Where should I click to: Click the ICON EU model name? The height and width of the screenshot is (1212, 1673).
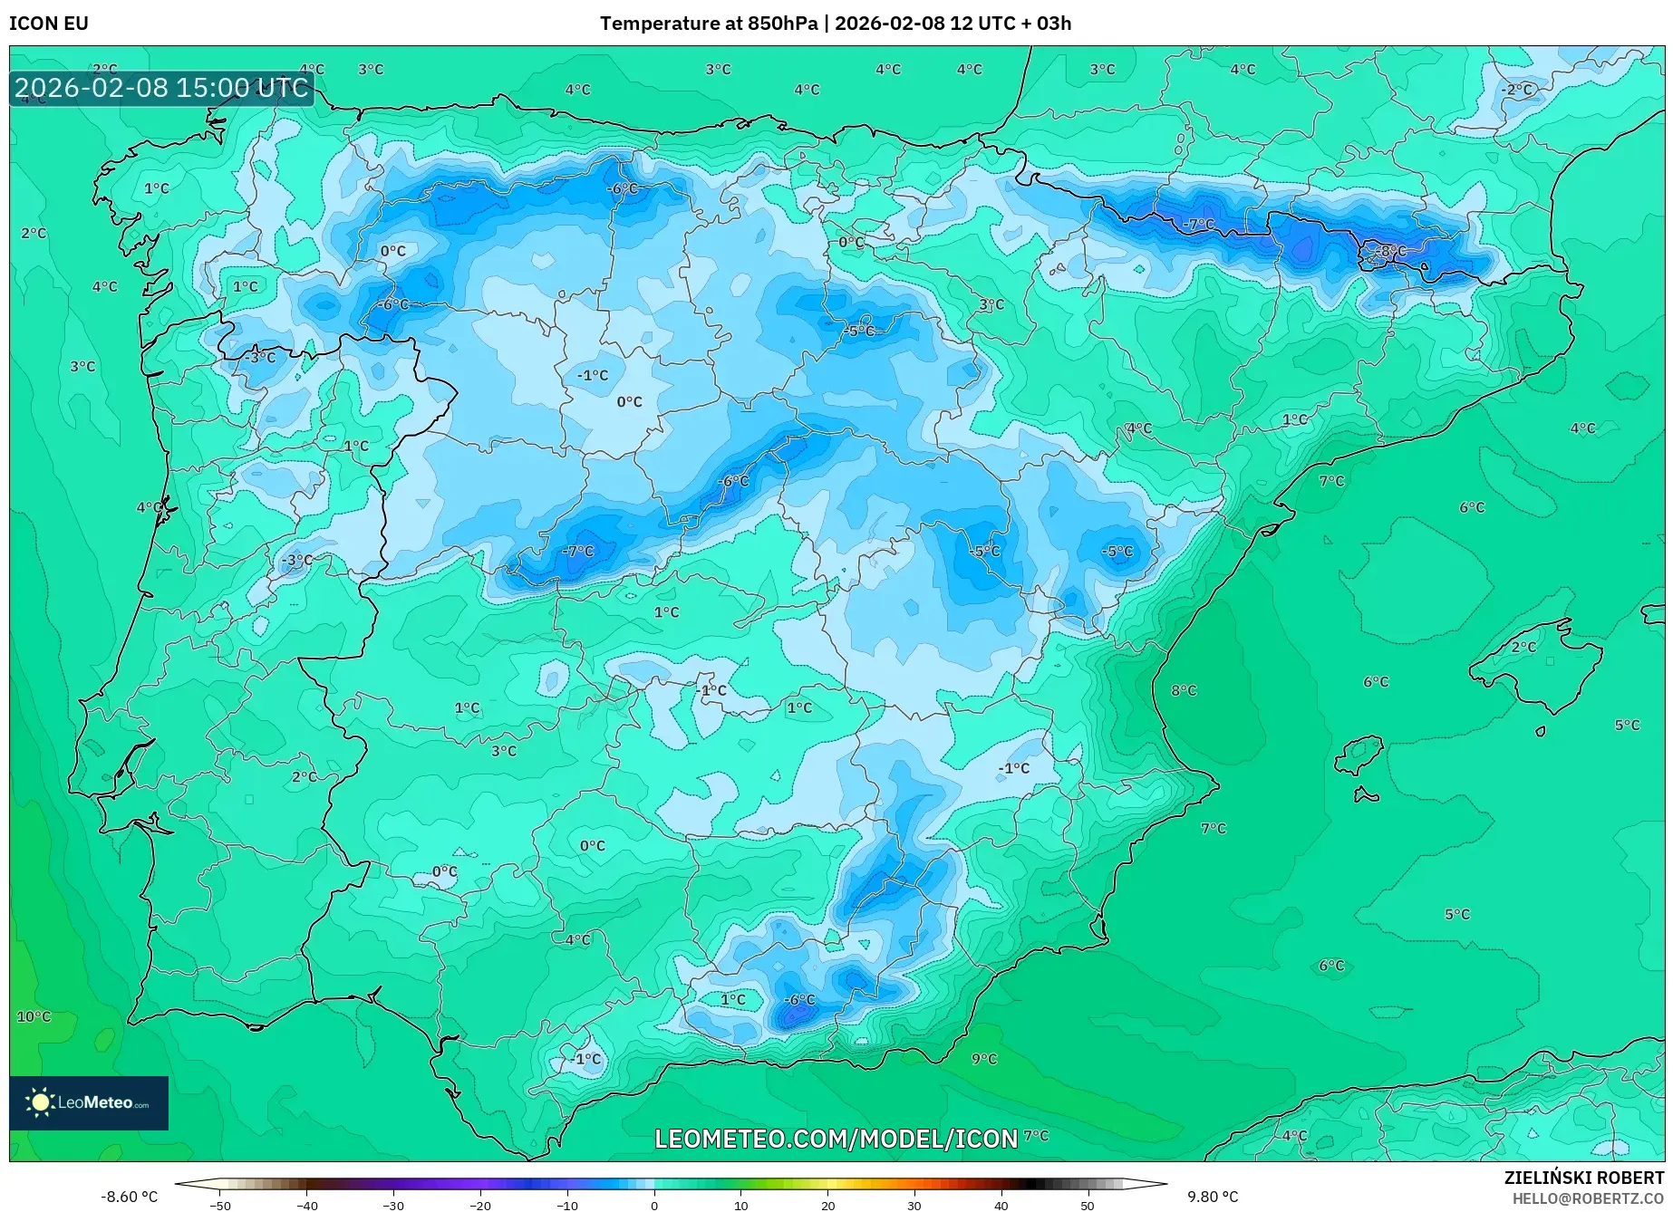coord(49,24)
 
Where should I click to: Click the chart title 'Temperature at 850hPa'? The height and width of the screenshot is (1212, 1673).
coord(709,24)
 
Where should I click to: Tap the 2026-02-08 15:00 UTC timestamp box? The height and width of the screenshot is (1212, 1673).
coord(161,88)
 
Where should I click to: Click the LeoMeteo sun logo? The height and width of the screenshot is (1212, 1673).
coord(41,1101)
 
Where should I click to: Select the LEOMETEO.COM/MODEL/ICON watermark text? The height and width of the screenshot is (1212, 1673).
coord(836,1139)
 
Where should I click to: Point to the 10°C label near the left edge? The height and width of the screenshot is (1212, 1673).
coord(34,1016)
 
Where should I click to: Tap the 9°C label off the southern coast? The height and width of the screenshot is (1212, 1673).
coord(984,1058)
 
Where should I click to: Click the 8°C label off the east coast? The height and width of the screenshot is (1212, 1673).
coord(1184,690)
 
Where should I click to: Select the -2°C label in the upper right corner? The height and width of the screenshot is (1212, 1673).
coord(1517,90)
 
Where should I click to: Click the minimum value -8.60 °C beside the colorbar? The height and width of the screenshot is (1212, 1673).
coord(129,1197)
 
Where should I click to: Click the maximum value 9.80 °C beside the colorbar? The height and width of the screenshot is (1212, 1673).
coord(1213,1197)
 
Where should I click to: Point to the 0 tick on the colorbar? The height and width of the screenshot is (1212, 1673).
coord(654,1205)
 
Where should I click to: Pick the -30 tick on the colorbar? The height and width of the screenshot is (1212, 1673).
coord(393,1205)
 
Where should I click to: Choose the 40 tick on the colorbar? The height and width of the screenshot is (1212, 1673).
coord(1001,1205)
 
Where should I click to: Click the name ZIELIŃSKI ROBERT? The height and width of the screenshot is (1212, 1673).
coord(1583,1178)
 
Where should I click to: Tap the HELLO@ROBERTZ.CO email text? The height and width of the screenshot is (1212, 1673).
coord(1587,1198)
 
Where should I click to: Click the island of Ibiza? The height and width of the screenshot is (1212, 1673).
coord(1359,755)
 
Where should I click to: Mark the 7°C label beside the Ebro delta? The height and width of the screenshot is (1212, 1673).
coord(1331,481)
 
